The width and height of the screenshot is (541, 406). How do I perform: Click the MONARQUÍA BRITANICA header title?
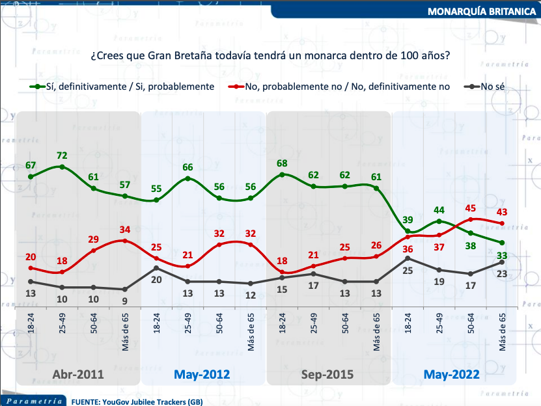pyautogui.click(x=482, y=12)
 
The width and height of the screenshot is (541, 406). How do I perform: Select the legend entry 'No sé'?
pyautogui.click(x=494, y=86)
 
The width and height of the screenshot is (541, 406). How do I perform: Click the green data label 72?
pyautogui.click(x=62, y=156)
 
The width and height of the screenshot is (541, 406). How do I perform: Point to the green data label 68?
pyautogui.click(x=282, y=163)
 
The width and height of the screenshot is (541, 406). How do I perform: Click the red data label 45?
pyautogui.click(x=471, y=208)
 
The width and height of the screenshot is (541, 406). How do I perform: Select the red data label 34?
pyautogui.click(x=125, y=229)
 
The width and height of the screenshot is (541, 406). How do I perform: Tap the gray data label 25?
pyautogui.click(x=408, y=271)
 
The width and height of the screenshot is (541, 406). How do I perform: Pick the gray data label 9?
pyautogui.click(x=125, y=301)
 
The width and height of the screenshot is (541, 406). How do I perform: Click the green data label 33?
pyautogui.click(x=503, y=255)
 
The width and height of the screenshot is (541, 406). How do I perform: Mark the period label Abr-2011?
pyautogui.click(x=77, y=375)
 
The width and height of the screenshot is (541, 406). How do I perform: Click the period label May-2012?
pyautogui.click(x=202, y=375)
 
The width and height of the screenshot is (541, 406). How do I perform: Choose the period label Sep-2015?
pyautogui.click(x=327, y=375)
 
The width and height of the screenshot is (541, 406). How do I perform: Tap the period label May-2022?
pyautogui.click(x=451, y=375)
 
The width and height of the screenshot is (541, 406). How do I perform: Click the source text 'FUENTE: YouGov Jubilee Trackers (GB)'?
pyautogui.click(x=137, y=401)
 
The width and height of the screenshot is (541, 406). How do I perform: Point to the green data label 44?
pyautogui.click(x=439, y=210)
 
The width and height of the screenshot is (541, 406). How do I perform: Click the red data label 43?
pyautogui.click(x=503, y=211)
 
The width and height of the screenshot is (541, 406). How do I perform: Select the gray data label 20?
pyautogui.click(x=156, y=280)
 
